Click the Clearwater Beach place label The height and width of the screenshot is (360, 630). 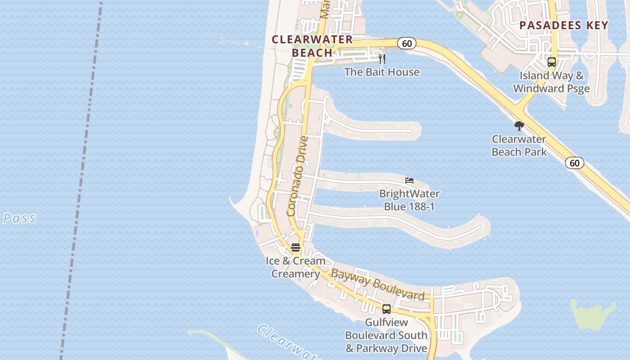tap(312, 46)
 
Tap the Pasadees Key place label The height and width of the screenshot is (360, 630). tap(564, 25)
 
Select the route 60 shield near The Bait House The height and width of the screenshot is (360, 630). tap(407, 43)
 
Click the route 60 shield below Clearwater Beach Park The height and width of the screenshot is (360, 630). tap(575, 163)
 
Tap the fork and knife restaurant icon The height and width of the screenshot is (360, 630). tap(382, 58)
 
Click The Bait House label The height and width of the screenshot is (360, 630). tap(382, 72)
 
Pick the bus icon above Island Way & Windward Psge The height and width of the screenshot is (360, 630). tap(552, 62)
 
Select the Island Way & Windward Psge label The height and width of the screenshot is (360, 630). tap(551, 82)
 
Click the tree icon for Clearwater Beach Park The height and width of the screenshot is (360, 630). tap(519, 126)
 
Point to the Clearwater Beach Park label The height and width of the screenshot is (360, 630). tap(519, 145)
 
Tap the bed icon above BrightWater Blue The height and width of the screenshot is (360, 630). tap(409, 180)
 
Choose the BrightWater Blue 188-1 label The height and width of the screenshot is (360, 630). tap(409, 200)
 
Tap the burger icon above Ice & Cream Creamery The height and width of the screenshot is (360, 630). tap(296, 247)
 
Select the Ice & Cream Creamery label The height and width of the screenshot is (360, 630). tap(296, 267)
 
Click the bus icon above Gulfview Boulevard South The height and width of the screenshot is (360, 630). tap(387, 309)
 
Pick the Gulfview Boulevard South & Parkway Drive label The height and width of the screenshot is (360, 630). tap(386, 335)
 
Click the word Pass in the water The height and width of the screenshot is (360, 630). tap(19, 219)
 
